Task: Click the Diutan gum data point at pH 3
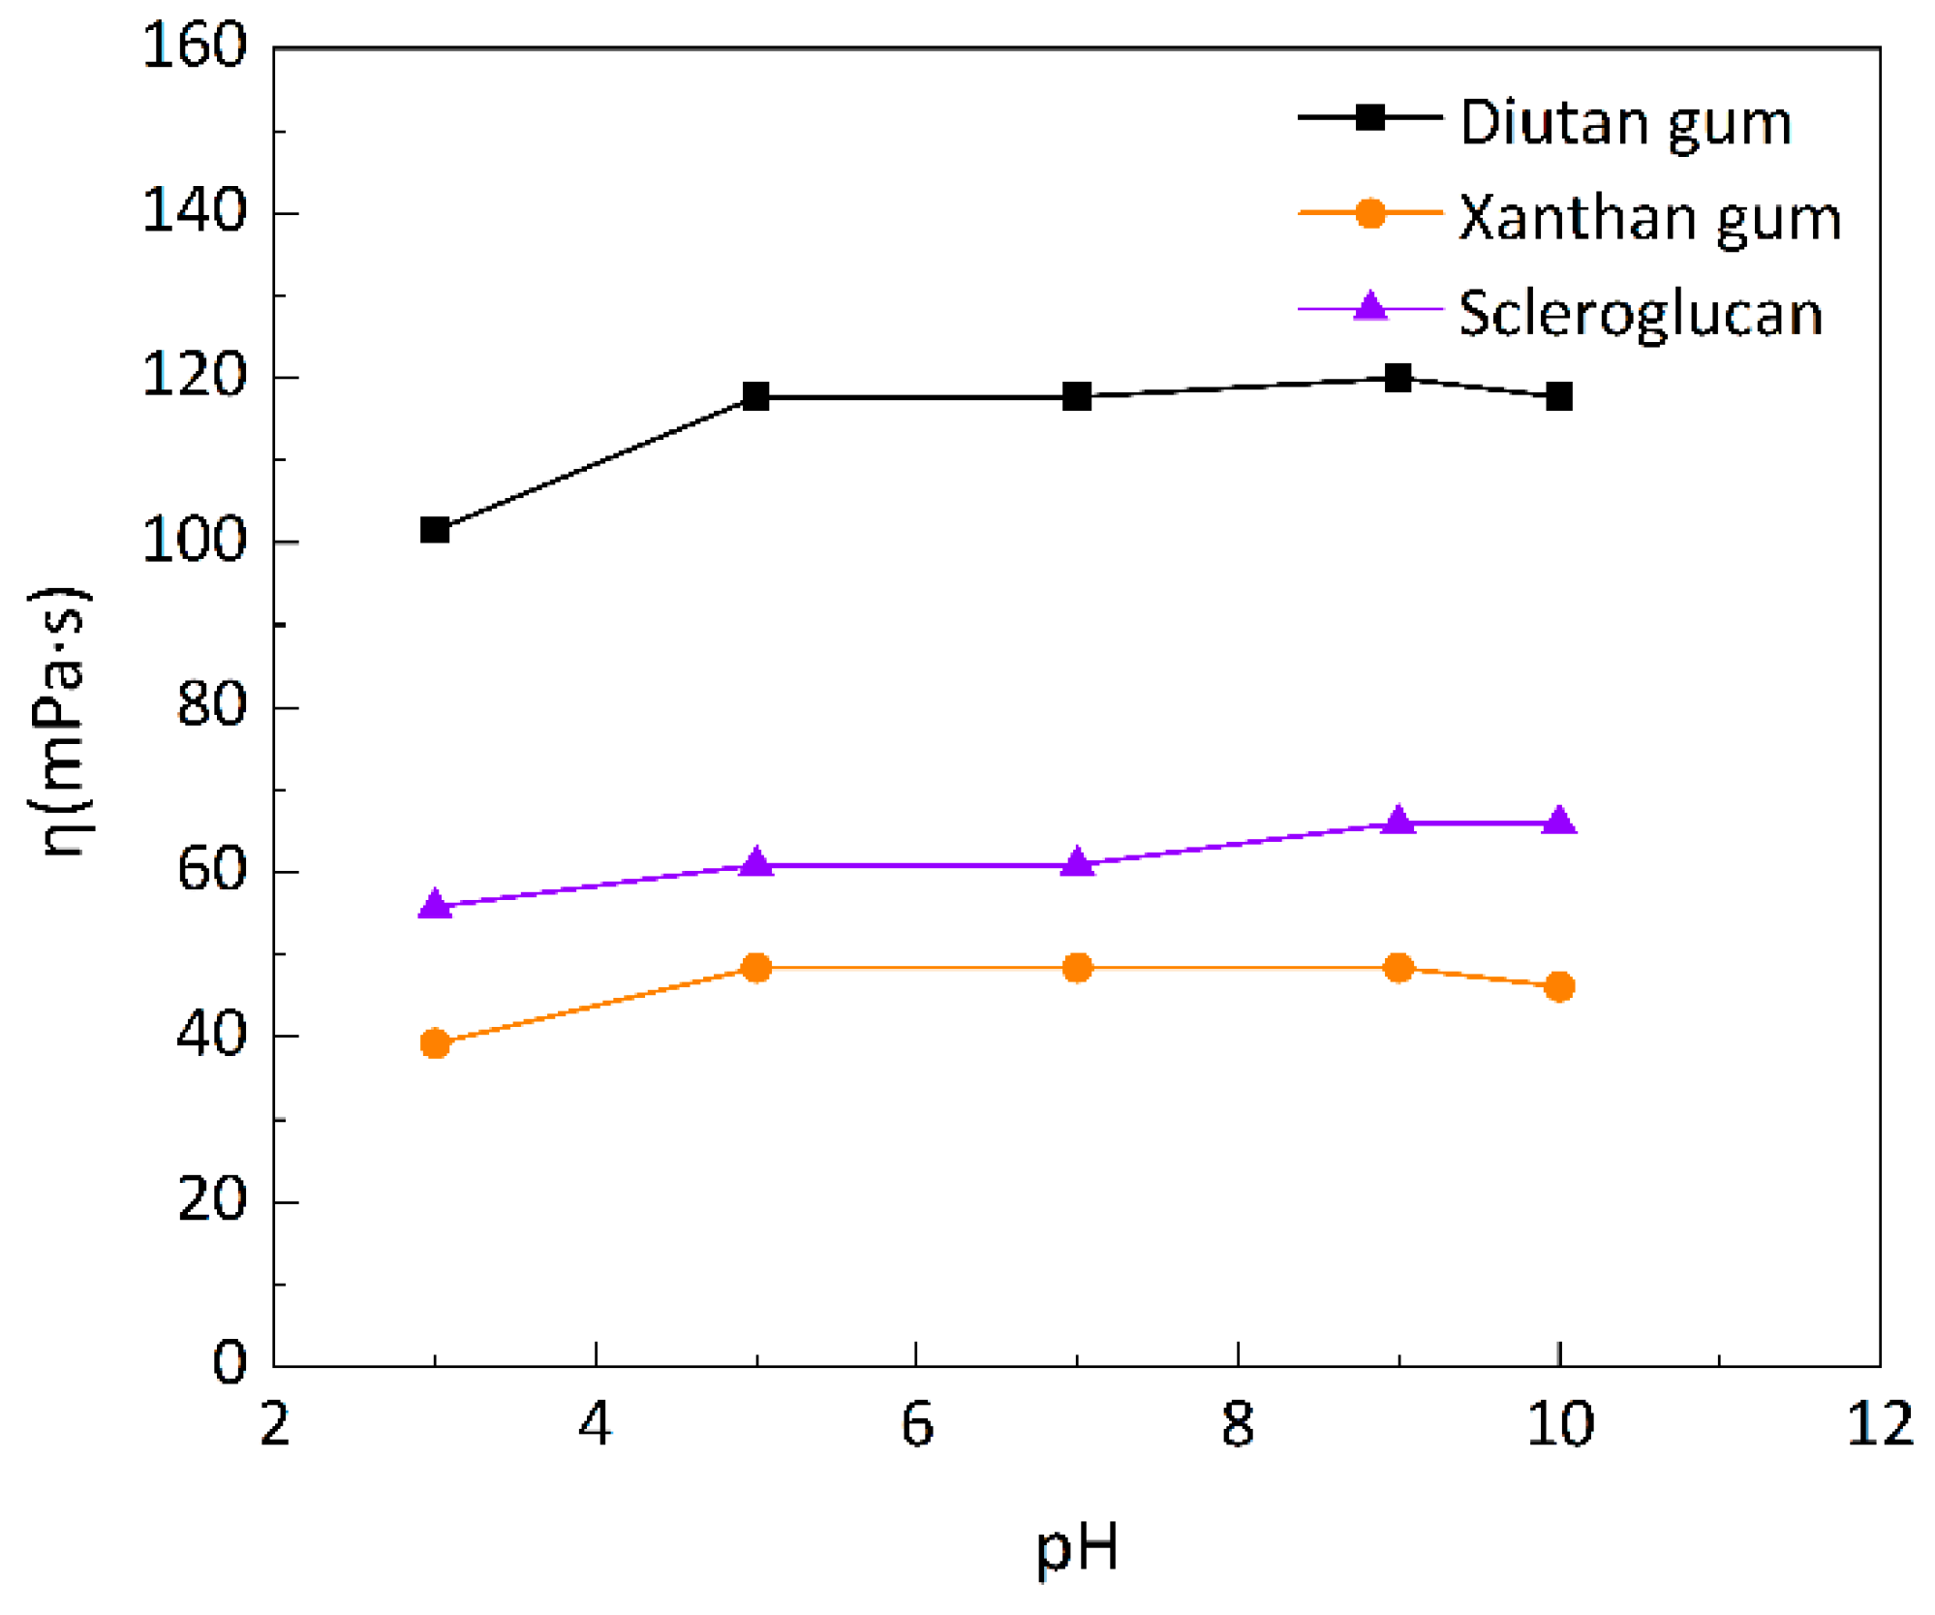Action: pyautogui.click(x=435, y=530)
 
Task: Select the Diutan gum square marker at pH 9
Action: pyautogui.click(x=1397, y=378)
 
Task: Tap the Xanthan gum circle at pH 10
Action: pyautogui.click(x=1558, y=987)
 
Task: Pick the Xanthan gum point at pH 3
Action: pyautogui.click(x=435, y=1043)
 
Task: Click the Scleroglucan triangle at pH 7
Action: pyautogui.click(x=1077, y=862)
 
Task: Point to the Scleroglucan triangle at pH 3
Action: pyautogui.click(x=435, y=905)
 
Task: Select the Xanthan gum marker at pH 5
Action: pyautogui.click(x=756, y=967)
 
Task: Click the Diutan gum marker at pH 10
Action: pyautogui.click(x=1558, y=396)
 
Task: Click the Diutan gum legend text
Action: pyautogui.click(x=1625, y=124)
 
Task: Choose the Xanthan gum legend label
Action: pyautogui.click(x=1649, y=218)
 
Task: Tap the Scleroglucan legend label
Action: pyautogui.click(x=1640, y=314)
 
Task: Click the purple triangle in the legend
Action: pyautogui.click(x=1370, y=307)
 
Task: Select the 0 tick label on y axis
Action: pyautogui.click(x=230, y=1362)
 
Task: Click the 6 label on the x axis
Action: pyautogui.click(x=916, y=1424)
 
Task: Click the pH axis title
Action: pyautogui.click(x=1077, y=1550)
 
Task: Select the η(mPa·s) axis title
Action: pyautogui.click(x=60, y=722)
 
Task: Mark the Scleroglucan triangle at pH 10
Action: pyautogui.click(x=1558, y=821)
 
